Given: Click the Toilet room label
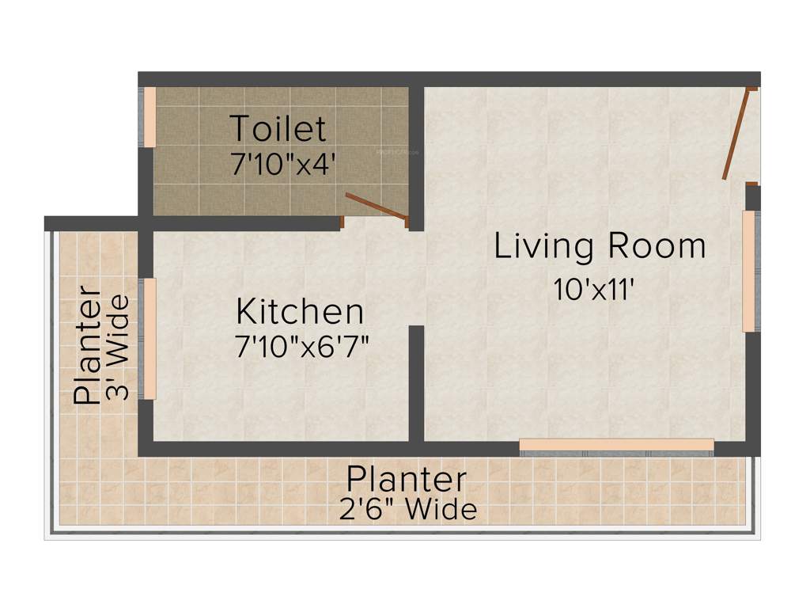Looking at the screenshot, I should click(x=278, y=128).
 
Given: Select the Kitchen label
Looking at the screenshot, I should click(x=300, y=312).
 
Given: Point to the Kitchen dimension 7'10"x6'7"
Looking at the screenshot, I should click(x=302, y=347).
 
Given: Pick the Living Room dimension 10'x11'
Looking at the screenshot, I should click(x=595, y=290).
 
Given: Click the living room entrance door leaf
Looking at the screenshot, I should click(x=736, y=135).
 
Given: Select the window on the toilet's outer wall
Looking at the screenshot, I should click(x=149, y=116).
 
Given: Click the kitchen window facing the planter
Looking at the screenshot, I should click(x=149, y=338).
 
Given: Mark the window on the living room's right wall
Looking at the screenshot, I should click(x=749, y=271).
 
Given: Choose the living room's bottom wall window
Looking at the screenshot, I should click(x=616, y=445).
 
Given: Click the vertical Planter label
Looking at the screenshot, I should click(x=88, y=348).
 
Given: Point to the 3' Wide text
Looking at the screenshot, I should click(x=118, y=347).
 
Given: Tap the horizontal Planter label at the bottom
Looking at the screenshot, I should click(x=407, y=480).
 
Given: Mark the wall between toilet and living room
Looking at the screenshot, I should click(x=417, y=150).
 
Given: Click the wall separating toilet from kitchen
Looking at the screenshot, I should click(x=245, y=224).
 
